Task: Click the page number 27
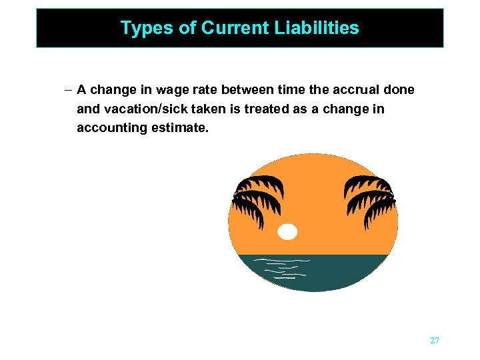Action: tap(435, 341)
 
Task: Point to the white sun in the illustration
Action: tap(287, 232)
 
